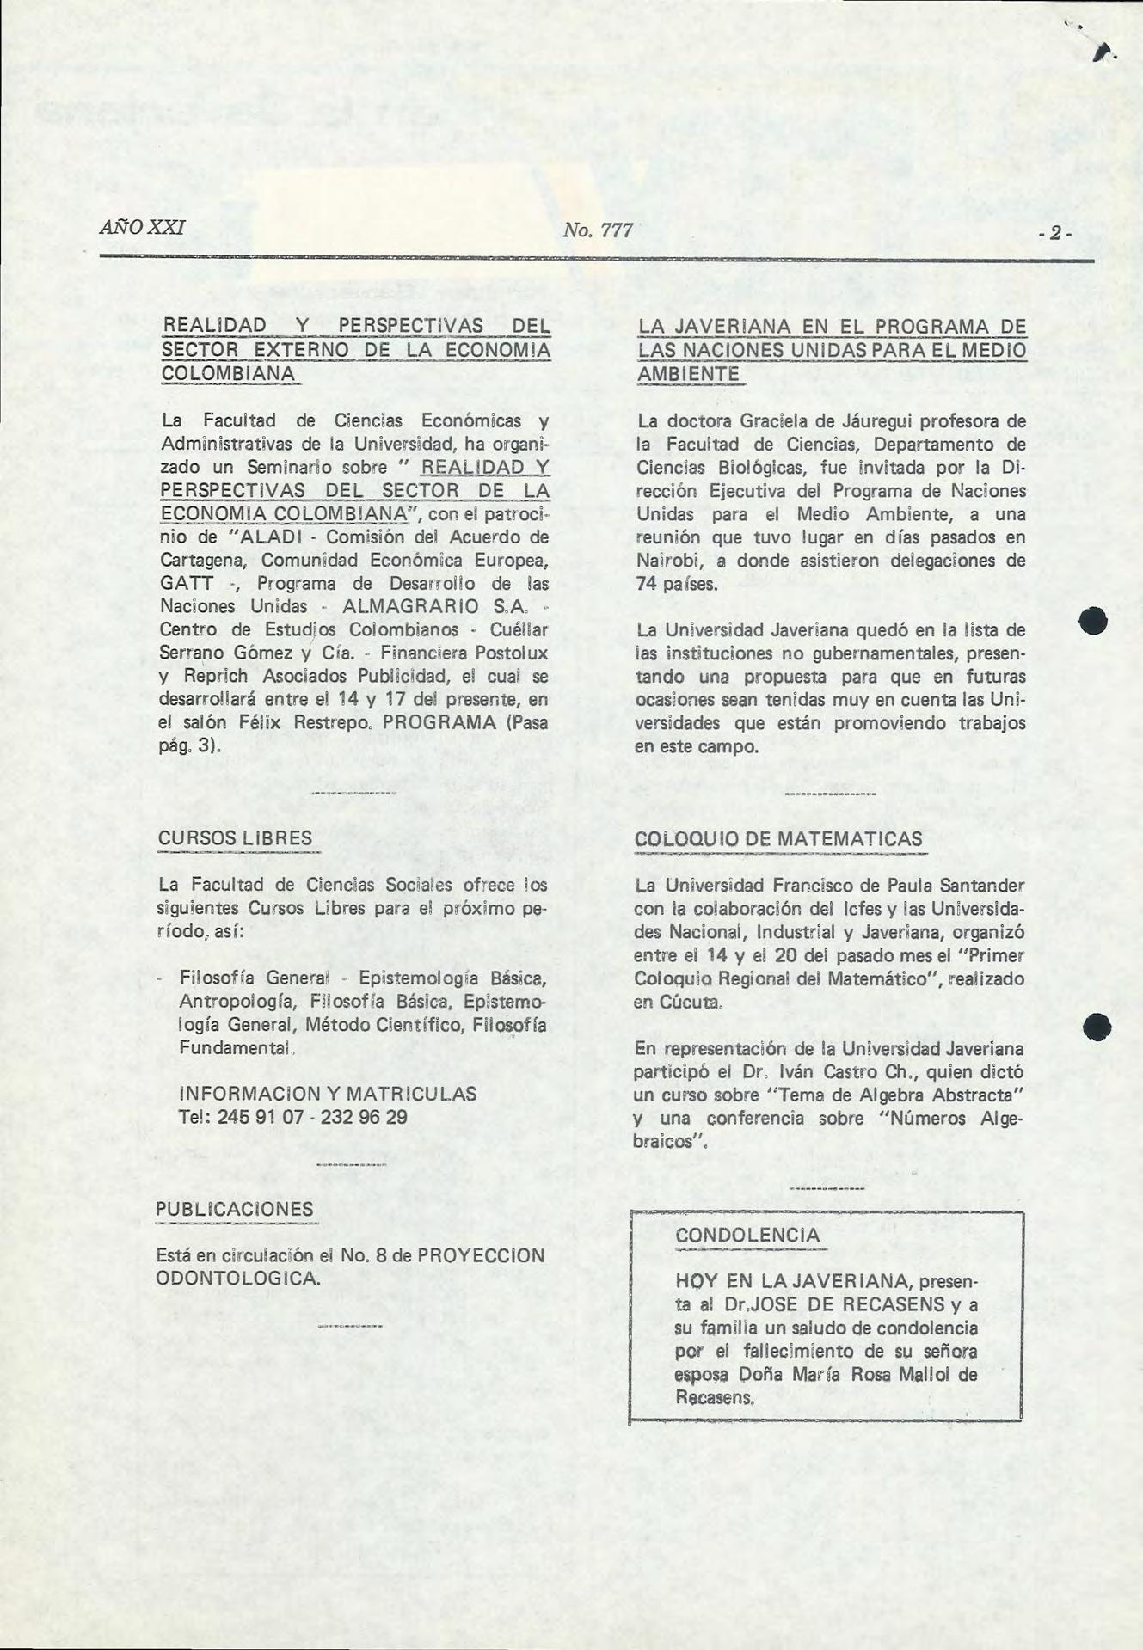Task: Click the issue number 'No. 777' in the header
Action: click(598, 230)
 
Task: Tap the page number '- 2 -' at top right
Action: click(1054, 233)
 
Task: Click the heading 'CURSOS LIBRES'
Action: click(235, 838)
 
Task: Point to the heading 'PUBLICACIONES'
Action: click(235, 1209)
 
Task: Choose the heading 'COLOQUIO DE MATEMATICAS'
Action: click(778, 839)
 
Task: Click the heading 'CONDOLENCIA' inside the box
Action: click(747, 1235)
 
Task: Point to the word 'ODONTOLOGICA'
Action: click(237, 1278)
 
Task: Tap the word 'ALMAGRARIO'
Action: click(410, 606)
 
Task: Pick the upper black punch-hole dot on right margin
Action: click(1093, 621)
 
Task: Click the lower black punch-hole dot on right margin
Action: click(1097, 1027)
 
